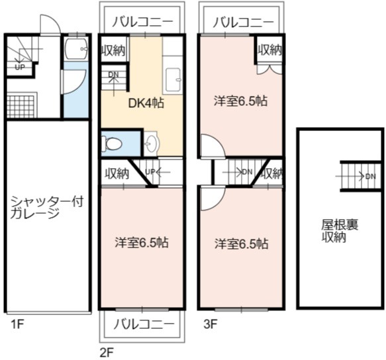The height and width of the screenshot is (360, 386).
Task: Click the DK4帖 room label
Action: [146, 103]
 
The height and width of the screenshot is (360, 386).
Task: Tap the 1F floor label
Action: [17, 324]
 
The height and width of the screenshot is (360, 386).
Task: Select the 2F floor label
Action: [107, 353]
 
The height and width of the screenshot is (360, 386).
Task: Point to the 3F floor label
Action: [211, 324]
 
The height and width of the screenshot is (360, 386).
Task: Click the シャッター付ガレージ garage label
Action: [47, 207]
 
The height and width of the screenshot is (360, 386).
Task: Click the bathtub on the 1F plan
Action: [76, 49]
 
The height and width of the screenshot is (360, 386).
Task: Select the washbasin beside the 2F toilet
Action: [152, 143]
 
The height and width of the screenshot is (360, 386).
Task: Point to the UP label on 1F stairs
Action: [20, 67]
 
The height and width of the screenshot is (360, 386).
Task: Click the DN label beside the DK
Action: [113, 74]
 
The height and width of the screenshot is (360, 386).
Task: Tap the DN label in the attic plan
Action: [371, 176]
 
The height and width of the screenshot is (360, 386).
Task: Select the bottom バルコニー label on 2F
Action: [144, 324]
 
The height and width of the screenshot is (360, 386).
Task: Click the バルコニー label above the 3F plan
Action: [243, 22]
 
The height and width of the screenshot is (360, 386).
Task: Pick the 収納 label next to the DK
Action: [113, 50]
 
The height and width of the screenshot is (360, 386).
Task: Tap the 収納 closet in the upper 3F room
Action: [269, 50]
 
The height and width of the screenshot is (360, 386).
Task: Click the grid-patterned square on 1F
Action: [21, 107]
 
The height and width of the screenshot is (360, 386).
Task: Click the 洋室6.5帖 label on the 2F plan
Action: [142, 243]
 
